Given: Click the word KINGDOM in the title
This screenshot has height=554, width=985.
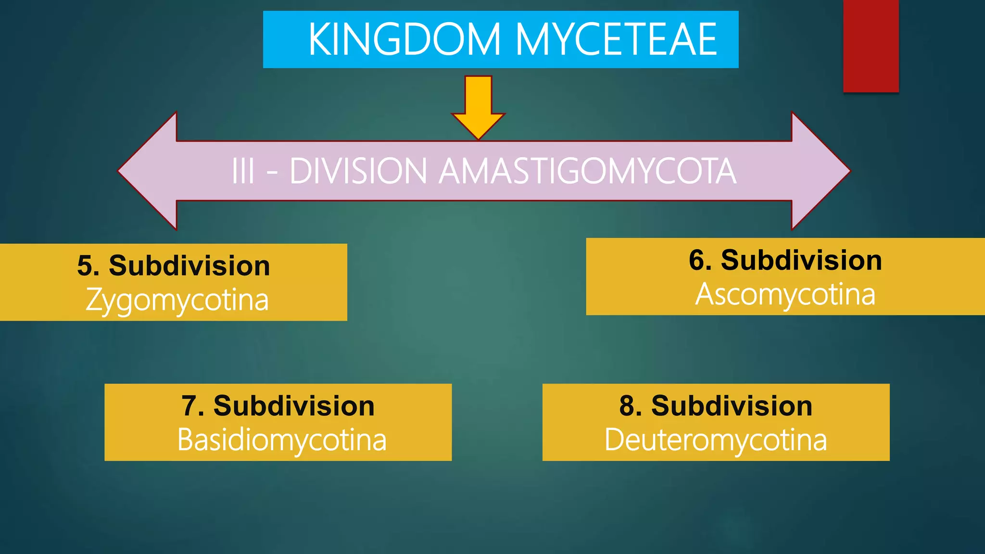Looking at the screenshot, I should coord(404,39).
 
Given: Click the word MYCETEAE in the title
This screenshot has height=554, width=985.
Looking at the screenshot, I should coord(616,39).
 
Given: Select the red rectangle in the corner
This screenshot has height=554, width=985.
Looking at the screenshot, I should coord(871,46).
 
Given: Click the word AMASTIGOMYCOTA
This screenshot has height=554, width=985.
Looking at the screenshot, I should coord(587,171).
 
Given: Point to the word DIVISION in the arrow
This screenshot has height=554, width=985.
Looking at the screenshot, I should coord(358,171).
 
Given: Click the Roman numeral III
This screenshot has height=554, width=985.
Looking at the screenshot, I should coord(243,171).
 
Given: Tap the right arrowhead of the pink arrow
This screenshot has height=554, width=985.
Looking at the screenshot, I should coord(818,171).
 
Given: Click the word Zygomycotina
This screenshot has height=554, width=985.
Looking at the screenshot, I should coord(177,300).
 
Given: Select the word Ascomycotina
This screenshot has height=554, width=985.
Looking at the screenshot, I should coord(785,294).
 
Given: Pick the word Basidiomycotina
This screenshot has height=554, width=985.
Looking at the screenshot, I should coord(282,440).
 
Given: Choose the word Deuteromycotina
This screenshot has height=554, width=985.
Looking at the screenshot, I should coord(716,440).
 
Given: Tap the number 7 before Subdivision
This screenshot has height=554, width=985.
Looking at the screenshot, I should coord(189,406).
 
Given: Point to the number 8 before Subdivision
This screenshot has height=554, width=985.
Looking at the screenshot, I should coord(627,406).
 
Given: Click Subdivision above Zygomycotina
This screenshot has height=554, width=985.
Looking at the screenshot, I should coord(189,266).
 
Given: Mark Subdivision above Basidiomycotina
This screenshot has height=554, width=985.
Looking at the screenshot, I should coord(294,406).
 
